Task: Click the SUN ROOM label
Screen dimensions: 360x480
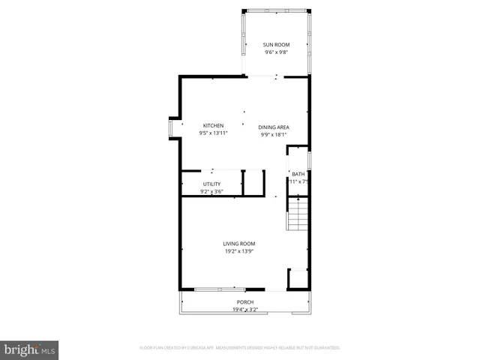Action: [276, 45]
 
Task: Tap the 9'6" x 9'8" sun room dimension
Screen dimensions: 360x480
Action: [276, 52]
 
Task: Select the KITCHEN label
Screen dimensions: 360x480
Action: [213, 125]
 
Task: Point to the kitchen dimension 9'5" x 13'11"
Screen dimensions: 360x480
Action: [213, 133]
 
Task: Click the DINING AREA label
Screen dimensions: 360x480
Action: [274, 127]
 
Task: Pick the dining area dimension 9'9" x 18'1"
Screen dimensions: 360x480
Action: [274, 134]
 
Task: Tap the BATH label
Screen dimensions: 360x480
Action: [298, 174]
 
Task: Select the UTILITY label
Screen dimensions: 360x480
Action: [211, 184]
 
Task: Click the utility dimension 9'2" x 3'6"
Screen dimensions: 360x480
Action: [211, 191]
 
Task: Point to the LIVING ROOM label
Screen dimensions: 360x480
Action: [238, 244]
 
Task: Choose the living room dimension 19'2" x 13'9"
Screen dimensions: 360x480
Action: [238, 251]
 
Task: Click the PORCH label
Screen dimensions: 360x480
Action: [245, 302]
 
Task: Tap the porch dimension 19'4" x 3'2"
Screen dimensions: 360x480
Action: [245, 309]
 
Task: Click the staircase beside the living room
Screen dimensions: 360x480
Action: [298, 214]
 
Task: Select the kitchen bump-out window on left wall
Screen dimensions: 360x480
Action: [170, 128]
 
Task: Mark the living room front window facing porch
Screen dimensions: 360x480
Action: [219, 289]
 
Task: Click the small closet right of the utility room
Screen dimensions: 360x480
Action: [254, 183]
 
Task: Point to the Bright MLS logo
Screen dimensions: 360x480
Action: [29, 349]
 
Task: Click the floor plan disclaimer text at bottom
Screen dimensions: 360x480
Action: [240, 347]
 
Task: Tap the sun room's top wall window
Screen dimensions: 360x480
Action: [276, 10]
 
